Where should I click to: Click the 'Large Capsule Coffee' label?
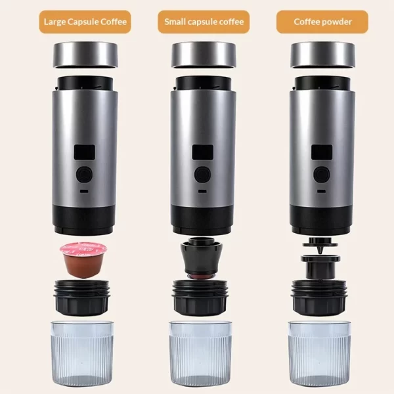[85, 22]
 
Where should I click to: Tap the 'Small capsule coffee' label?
[204, 22]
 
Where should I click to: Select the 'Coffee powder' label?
[322, 22]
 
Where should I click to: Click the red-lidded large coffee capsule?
[83, 260]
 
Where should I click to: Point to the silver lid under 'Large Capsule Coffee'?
[85, 55]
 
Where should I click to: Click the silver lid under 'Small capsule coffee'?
[204, 55]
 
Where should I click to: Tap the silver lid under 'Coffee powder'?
[322, 55]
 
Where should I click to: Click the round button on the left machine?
[84, 174]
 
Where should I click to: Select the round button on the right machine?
[321, 174]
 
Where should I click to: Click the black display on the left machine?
[85, 152]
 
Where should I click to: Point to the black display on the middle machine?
[203, 152]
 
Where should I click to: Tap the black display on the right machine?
[322, 152]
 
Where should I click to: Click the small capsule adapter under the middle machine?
[202, 258]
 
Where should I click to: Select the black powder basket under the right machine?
[320, 267]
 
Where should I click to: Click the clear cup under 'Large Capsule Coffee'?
[82, 353]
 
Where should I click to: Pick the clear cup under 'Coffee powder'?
[319, 353]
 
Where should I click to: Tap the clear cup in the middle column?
[200, 353]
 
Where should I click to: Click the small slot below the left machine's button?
[84, 191]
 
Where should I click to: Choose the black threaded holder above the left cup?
[82, 297]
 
